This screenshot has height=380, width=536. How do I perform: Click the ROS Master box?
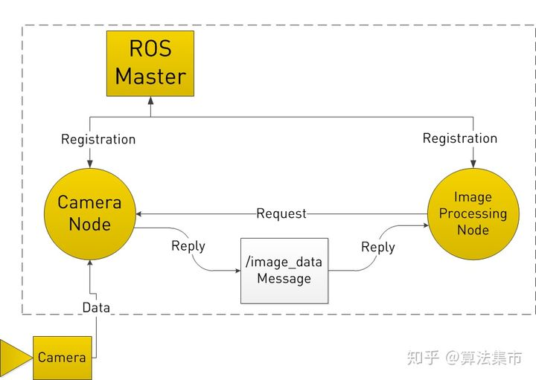coord(150,63)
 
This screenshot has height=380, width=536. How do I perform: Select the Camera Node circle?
coord(89,213)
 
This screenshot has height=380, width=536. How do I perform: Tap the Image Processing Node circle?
coord(473,213)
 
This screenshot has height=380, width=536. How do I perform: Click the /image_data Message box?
coord(284,271)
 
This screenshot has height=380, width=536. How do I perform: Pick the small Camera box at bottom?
coord(63,357)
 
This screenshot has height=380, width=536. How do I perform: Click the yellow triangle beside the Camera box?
coord(13,357)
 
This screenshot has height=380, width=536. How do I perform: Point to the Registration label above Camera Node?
coord(98,139)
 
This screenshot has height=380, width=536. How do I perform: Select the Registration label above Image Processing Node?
coord(459,138)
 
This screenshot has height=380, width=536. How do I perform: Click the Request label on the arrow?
coord(281,213)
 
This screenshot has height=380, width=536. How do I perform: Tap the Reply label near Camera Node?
coord(188,245)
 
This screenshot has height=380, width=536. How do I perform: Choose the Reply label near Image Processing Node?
coord(377,247)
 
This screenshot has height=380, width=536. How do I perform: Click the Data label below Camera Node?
coord(96,307)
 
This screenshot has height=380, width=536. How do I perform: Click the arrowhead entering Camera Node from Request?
coord(139,213)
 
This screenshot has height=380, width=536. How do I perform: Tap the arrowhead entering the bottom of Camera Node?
coord(89,263)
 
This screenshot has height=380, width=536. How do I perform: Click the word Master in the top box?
coord(150,76)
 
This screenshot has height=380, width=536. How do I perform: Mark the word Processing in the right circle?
coord(473,213)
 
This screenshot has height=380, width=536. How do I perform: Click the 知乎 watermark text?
coord(423,358)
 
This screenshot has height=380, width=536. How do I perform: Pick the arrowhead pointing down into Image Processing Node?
coord(473,165)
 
